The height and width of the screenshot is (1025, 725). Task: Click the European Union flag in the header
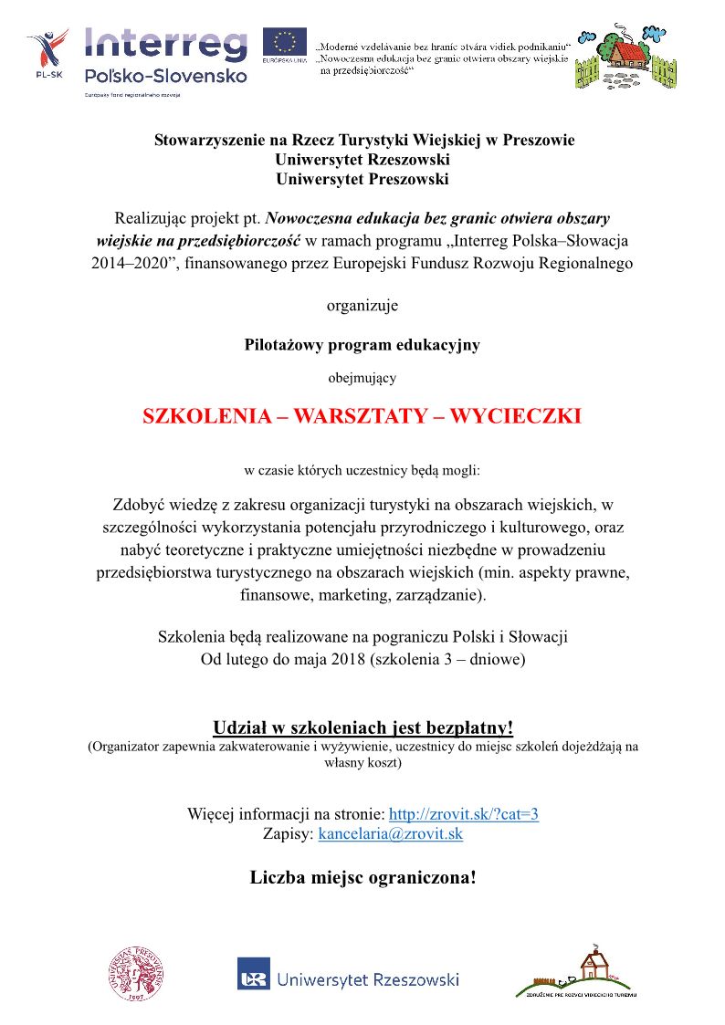point(284,42)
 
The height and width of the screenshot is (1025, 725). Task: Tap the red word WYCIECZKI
point(514,416)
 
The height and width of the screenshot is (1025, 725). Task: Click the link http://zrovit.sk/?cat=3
point(464,814)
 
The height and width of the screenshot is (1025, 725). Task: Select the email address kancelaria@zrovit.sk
point(390,833)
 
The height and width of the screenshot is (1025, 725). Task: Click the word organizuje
point(362,305)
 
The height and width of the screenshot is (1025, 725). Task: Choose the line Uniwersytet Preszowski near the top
point(362,179)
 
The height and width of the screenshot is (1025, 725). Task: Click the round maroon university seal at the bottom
point(138,973)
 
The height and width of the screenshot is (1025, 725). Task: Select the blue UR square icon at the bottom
point(253,973)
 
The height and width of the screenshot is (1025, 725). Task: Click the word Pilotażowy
point(287,345)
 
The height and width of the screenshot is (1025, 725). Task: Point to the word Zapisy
point(287,833)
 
